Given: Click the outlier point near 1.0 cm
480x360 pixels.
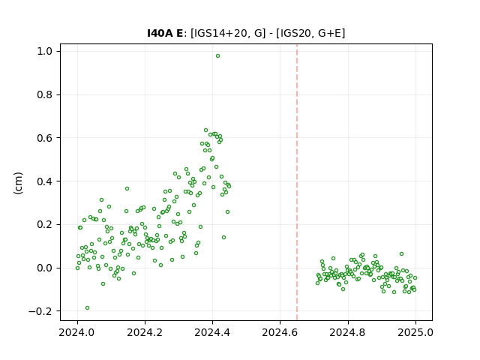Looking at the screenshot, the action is pyautogui.click(x=217, y=56).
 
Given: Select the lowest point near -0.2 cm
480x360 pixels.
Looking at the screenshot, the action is pyautogui.click(x=87, y=308).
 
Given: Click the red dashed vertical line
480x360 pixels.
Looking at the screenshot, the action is pyautogui.click(x=297, y=182).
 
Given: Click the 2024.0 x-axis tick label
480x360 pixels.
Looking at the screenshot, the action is pyautogui.click(x=77, y=332).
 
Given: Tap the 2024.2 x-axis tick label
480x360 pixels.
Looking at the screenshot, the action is pyautogui.click(x=145, y=332).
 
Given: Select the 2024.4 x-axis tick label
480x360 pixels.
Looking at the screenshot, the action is pyautogui.click(x=212, y=332).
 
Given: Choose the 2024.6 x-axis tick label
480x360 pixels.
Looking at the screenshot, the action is pyautogui.click(x=280, y=332).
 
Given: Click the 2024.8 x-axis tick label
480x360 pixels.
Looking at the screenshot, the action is pyautogui.click(x=348, y=332).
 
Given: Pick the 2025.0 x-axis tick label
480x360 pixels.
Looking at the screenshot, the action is pyautogui.click(x=415, y=332).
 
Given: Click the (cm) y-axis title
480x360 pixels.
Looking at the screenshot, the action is pyautogui.click(x=18, y=183).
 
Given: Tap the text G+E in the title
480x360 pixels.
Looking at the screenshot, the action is pyautogui.click(x=330, y=33).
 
